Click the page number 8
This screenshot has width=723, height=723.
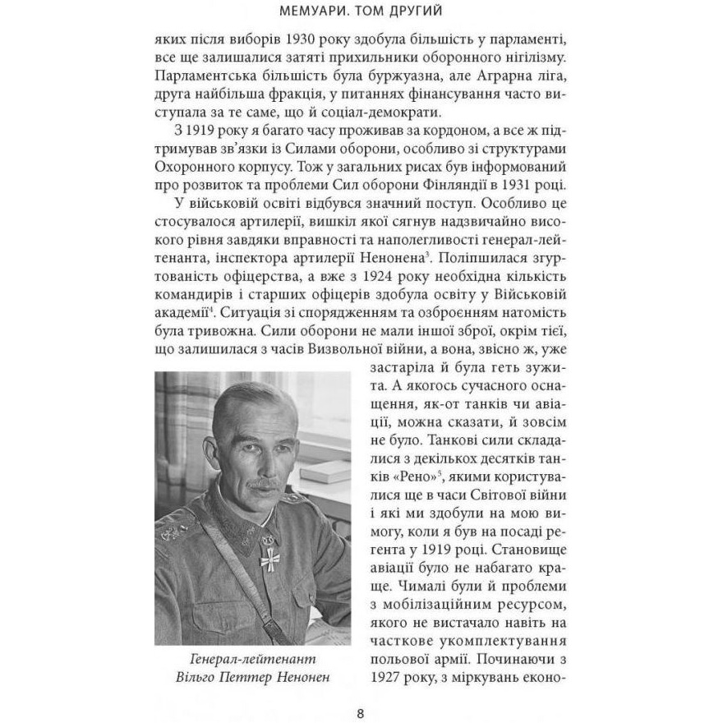click(x=361, y=712)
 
